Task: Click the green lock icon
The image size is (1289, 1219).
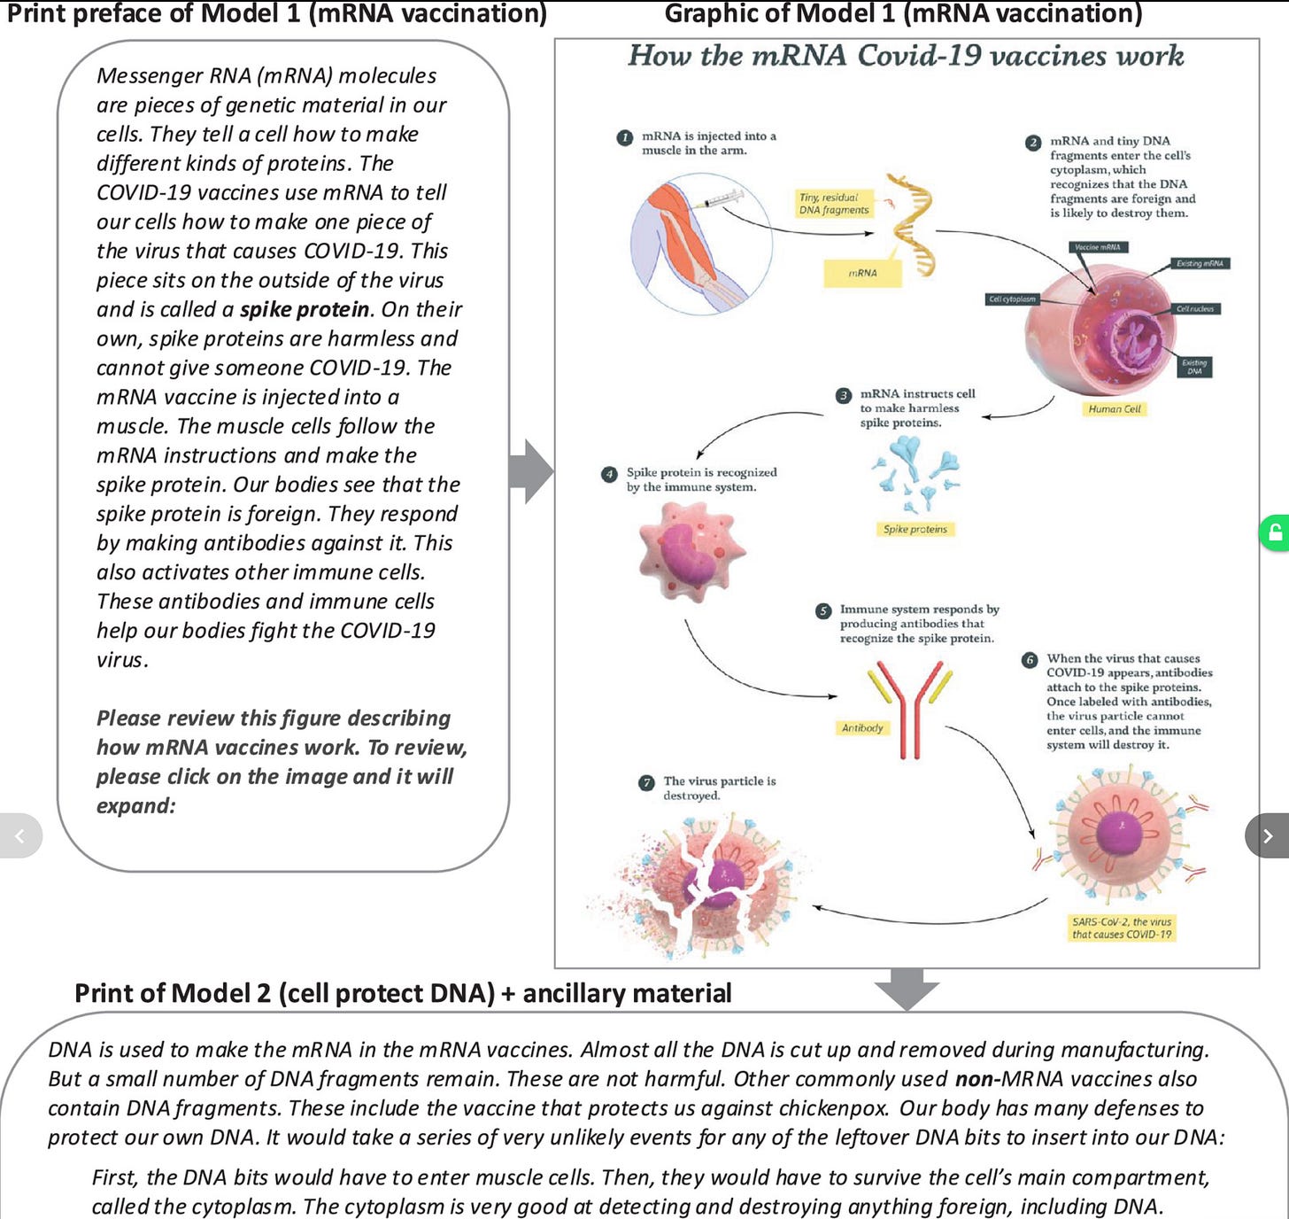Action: tap(1275, 532)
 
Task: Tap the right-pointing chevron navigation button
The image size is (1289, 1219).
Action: tap(1267, 835)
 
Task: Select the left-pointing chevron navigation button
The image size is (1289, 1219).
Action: tap(19, 835)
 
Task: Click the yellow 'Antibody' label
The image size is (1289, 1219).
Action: tap(862, 728)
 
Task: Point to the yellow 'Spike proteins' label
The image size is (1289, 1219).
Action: tap(915, 529)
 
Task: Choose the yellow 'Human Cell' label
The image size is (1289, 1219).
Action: tap(1114, 409)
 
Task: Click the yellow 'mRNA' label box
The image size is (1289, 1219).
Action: tap(862, 273)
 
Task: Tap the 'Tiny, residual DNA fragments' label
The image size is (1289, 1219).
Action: tap(833, 204)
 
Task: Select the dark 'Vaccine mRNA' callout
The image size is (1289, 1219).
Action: tap(1098, 247)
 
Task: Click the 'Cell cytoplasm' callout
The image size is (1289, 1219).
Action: tap(1012, 299)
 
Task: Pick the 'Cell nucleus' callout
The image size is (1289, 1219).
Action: tap(1194, 309)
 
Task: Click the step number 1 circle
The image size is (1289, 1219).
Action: tap(625, 137)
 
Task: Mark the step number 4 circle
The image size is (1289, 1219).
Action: tap(609, 474)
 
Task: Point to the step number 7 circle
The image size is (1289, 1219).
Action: tap(647, 782)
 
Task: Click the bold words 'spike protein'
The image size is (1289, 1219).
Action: tap(305, 309)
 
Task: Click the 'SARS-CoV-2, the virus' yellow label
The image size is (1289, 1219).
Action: tap(1121, 928)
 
